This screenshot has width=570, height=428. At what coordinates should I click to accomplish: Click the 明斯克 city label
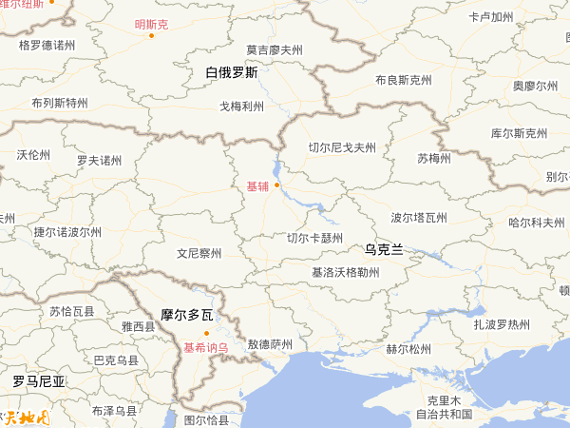point(151,25)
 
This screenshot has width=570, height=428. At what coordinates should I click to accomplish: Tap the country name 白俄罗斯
point(231,72)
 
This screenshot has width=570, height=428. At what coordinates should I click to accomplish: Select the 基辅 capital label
point(257,185)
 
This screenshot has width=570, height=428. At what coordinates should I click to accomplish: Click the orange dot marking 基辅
point(277,185)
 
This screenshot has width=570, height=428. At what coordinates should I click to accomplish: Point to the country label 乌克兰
point(384,249)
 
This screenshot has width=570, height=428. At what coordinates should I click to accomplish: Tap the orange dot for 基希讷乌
point(206,332)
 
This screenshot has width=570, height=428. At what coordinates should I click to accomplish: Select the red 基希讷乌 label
point(206,347)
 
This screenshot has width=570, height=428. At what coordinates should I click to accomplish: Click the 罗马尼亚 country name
point(39,381)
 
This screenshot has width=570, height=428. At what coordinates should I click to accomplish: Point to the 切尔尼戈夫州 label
point(342,147)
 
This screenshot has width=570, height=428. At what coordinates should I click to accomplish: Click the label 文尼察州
point(199,254)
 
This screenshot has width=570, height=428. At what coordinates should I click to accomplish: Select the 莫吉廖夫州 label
point(274,49)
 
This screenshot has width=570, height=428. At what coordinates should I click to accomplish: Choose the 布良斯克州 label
point(404,80)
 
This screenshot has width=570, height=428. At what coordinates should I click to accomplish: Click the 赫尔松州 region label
point(408,349)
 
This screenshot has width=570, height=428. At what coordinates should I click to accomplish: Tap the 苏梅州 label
point(434,157)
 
